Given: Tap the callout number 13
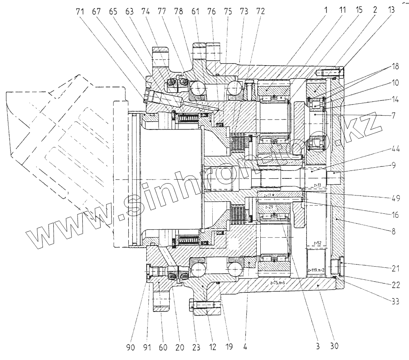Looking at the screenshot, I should [x=392, y=12].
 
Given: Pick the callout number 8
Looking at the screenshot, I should [x=393, y=230].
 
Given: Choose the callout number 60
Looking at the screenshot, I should [x=163, y=346].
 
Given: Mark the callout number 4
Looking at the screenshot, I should [x=245, y=346].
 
